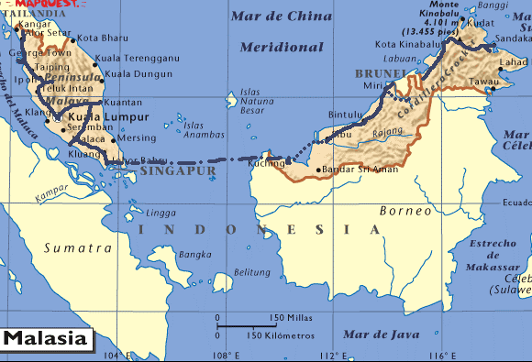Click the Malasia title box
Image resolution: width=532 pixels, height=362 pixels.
pos(47,338)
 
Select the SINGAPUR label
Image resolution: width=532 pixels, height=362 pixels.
pos(180,170)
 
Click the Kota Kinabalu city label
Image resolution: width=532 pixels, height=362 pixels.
pos(409,44)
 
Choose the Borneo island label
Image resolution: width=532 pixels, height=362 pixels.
pos(405,211)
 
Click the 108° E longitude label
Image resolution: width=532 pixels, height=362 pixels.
pos(227,355)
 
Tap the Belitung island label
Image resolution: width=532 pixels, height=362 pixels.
pos(252,272)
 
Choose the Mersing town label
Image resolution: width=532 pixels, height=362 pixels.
pos(139,138)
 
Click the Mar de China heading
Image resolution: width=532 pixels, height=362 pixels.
pos(282,16)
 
